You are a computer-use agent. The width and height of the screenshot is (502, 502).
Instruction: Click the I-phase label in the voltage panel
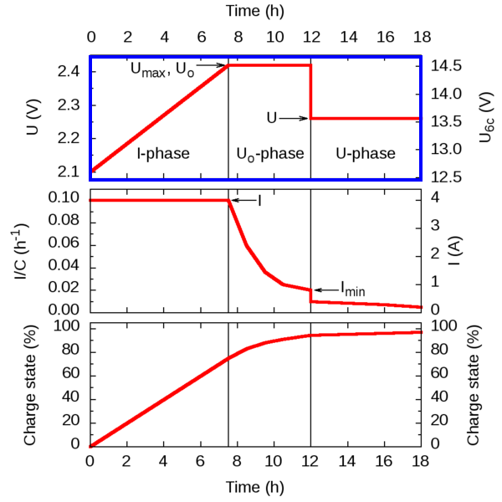[164, 154]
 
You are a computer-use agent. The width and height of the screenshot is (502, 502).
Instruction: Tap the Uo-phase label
[269, 155]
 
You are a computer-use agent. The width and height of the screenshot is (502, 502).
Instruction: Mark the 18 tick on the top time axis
[420, 38]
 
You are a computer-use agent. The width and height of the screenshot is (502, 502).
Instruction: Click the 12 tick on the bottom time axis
[310, 463]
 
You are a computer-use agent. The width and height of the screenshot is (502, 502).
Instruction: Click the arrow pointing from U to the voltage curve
[294, 119]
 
